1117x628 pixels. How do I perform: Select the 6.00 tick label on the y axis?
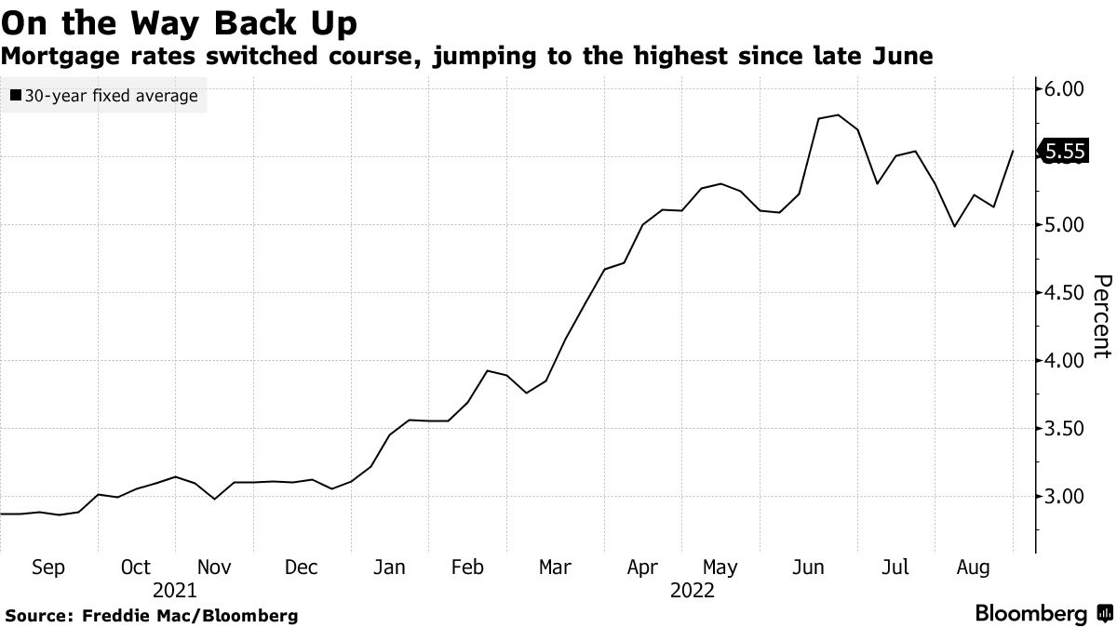click(x=1066, y=89)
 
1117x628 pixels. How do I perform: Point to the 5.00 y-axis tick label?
click(x=1066, y=225)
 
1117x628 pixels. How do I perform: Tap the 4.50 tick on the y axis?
click(x=1066, y=293)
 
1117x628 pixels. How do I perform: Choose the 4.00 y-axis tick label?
click(x=1066, y=361)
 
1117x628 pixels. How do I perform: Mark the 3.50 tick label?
click(x=1066, y=429)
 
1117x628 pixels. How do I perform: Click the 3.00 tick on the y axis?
click(x=1066, y=497)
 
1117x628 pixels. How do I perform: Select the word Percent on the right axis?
click(x=1101, y=316)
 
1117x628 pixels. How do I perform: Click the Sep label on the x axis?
click(x=47, y=568)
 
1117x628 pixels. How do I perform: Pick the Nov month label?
click(x=214, y=568)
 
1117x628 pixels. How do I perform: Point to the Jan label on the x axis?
click(x=388, y=568)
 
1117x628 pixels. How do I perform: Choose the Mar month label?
click(x=555, y=568)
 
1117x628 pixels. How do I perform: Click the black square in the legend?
click(x=17, y=96)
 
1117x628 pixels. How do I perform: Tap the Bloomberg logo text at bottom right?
click(x=1031, y=614)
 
